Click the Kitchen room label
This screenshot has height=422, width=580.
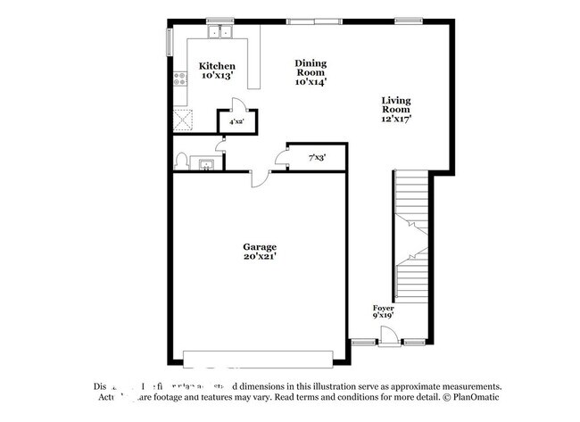[x=217, y=66]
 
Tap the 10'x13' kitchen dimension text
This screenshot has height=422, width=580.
[x=217, y=77]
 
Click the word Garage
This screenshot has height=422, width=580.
[x=260, y=246]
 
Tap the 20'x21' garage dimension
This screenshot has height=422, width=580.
[x=260, y=257]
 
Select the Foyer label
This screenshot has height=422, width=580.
[x=384, y=307]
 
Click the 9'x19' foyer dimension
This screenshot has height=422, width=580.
[x=384, y=315]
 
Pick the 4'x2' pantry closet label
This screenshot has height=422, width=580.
[x=236, y=121]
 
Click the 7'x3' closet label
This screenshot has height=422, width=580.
[x=317, y=158]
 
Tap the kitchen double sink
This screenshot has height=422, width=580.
[x=218, y=34]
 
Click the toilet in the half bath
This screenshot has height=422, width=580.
[x=182, y=161]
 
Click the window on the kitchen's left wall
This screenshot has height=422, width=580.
[x=169, y=42]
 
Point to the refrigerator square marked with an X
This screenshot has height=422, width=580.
[x=183, y=117]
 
